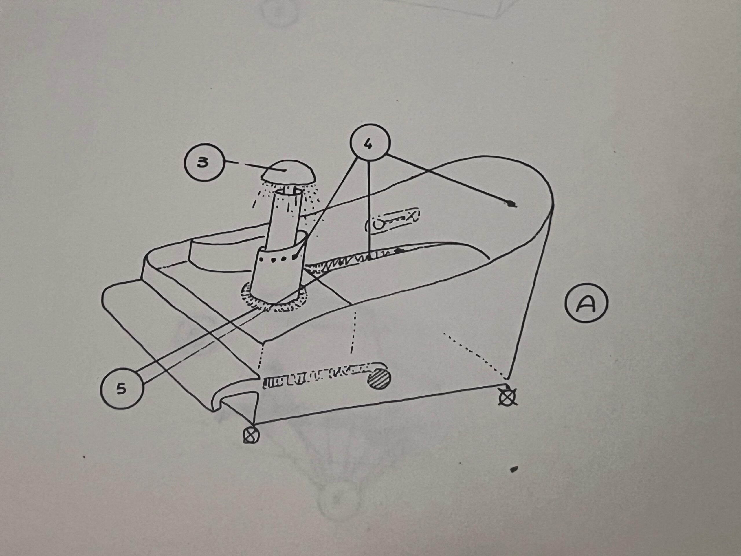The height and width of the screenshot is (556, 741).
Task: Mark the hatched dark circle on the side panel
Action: coord(379,379)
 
